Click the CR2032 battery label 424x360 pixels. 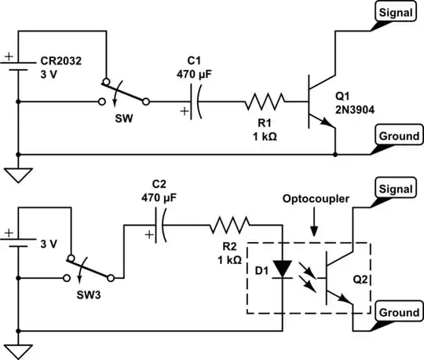(x=61, y=59)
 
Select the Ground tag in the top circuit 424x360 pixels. (x=397, y=136)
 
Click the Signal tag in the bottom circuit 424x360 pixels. (x=397, y=189)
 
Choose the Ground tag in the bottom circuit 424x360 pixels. (x=397, y=312)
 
